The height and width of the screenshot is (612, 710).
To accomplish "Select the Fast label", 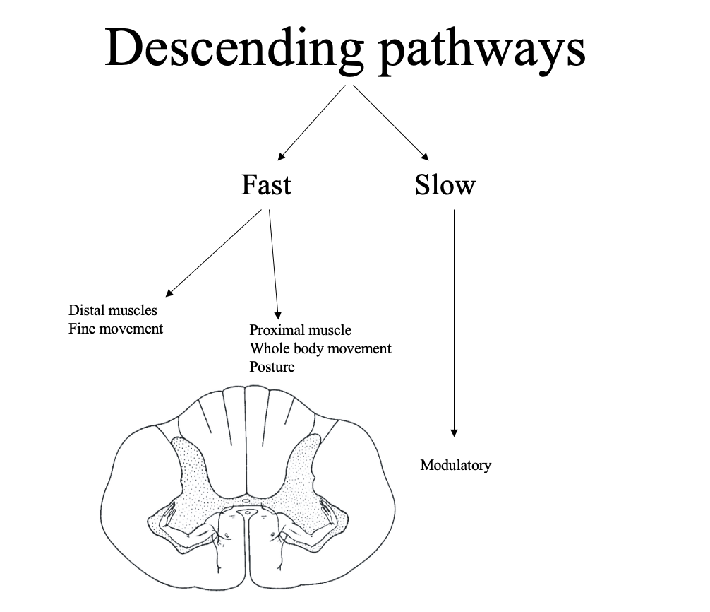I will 266,185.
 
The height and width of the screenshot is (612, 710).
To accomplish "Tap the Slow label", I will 445,185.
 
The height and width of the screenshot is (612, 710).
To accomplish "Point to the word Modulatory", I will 455,465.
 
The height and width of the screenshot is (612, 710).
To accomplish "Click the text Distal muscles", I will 113,310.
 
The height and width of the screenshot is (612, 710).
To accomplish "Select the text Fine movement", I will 116,329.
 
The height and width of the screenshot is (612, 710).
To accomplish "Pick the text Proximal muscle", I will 300,330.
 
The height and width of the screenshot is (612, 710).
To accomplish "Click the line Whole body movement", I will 320,348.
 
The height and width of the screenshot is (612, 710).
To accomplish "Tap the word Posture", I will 272,367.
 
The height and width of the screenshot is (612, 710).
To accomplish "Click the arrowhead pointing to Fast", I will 281,157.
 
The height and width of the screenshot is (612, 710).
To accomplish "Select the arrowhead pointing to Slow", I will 425,157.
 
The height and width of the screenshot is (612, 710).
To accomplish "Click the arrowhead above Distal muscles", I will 169,292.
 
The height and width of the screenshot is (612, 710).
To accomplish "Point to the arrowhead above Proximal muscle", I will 277,314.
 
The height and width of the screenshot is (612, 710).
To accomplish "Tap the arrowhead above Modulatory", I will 454,433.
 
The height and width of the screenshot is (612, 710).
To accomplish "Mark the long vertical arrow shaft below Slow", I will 454,318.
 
